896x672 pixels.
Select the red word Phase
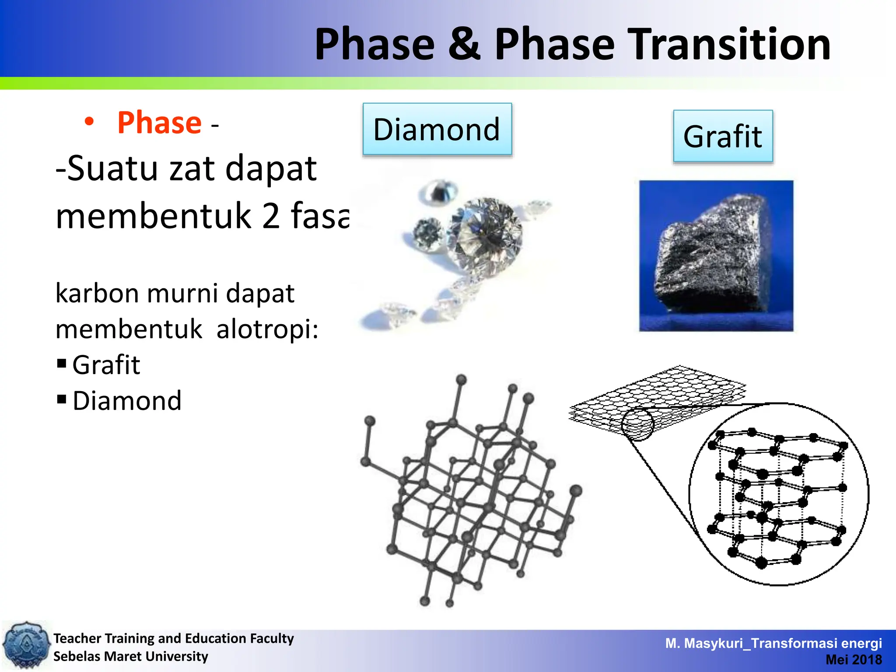pos(159,123)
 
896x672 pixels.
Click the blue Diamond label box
pos(437,129)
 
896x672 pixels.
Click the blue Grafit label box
pos(723,136)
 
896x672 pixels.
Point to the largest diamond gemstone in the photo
pos(485,233)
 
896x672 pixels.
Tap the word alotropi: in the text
pos(267,329)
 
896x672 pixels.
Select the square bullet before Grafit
pos(62,364)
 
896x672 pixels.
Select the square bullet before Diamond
pos(62,399)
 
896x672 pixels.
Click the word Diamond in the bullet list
pos(127,401)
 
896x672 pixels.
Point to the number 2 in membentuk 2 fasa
pos(271,216)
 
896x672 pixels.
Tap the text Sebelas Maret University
pos(131,656)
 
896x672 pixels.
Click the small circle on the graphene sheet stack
pos(637,423)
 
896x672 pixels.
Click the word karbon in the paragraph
pos(97,294)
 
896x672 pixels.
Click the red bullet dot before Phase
pos(89,122)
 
